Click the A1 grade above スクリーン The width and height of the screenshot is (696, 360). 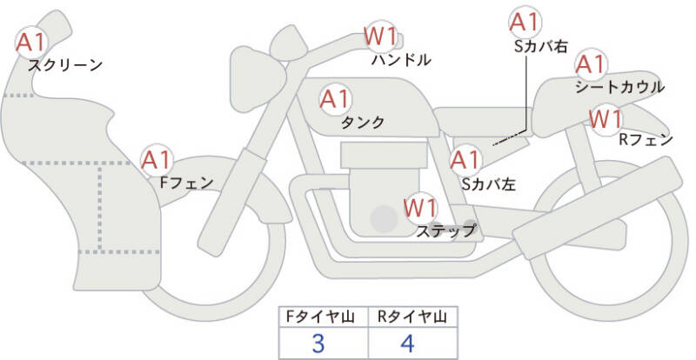coord(30,43)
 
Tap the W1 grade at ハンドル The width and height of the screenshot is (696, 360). coord(380,37)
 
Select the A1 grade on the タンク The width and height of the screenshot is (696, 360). coord(335,99)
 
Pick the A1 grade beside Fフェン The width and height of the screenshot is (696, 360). coord(156,160)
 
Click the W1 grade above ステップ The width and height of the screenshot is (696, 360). coord(421,208)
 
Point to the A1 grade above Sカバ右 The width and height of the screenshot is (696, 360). coord(525,23)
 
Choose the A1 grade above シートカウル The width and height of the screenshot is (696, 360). coord(591,65)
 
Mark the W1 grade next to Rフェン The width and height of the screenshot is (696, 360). coord(606,119)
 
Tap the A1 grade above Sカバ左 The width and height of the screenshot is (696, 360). coord(465,160)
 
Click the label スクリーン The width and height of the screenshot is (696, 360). coord(65,65)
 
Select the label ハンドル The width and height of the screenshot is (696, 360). coord(401,59)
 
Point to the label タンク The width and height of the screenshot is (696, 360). coord(362,122)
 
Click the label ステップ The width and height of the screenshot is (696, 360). coord(445,230)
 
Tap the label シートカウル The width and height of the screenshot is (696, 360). coord(619,87)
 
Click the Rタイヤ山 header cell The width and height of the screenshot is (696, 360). coord(412,317)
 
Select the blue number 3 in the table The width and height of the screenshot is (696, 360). coord(318,343)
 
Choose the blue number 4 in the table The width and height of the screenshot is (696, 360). coord(407,343)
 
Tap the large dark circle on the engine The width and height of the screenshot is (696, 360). coord(384,218)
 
